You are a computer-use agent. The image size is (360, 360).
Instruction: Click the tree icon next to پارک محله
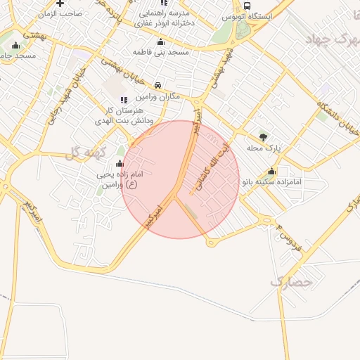pyautogui.click(x=263, y=136)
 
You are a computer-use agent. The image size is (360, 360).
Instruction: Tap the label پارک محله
pyautogui.click(x=264, y=148)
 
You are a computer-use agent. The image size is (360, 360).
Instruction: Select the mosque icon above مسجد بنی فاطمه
pyautogui.click(x=161, y=41)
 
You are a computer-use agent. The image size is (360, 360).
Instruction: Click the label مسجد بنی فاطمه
pyautogui.click(x=160, y=52)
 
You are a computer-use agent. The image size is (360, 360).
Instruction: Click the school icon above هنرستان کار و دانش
pyautogui.click(x=124, y=100)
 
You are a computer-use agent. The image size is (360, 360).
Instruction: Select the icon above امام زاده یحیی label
pyautogui.click(x=118, y=163)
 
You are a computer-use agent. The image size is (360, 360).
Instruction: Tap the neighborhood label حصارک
pyautogui.click(x=290, y=282)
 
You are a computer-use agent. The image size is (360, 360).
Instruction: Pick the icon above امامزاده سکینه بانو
pyautogui.click(x=271, y=171)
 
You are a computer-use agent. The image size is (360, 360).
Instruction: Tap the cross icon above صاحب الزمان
pyautogui.click(x=60, y=4)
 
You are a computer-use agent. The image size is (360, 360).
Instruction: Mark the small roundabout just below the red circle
pyautogui.click(x=211, y=243)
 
